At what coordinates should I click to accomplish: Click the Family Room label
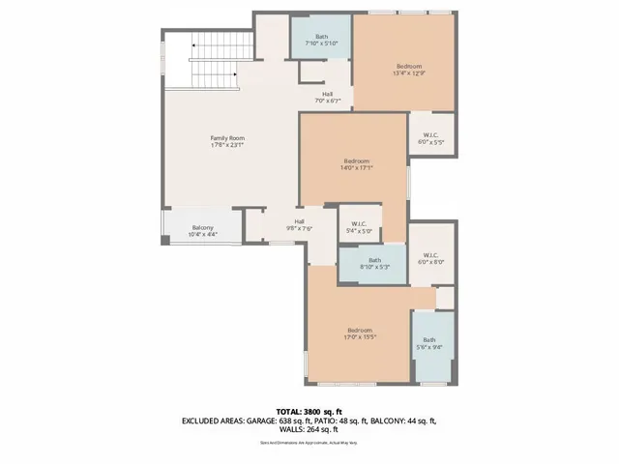228,138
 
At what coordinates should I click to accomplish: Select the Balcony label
202,227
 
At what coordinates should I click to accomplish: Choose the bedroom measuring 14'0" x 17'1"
357,163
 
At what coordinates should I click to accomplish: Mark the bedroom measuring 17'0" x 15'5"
360,334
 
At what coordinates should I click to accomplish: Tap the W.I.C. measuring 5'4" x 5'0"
359,227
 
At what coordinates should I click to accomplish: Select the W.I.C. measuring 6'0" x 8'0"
430,256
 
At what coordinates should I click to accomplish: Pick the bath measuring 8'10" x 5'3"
374,263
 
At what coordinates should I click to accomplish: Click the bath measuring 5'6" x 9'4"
427,343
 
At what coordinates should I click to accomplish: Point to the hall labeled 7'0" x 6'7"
328,97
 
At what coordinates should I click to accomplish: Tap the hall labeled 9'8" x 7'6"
300,225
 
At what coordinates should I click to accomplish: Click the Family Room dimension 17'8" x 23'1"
228,145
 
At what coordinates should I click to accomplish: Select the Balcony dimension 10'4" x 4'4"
202,234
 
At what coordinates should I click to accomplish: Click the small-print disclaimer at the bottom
309,443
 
